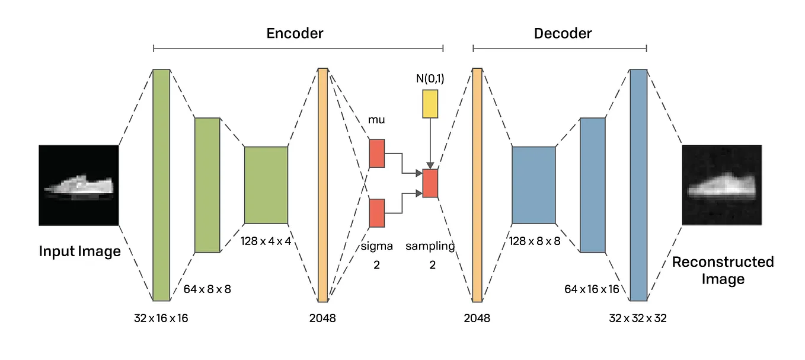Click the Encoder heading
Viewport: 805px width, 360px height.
[295, 33]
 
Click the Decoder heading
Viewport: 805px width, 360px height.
[563, 33]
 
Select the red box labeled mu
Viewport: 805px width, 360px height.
[376, 153]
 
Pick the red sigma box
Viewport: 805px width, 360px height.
[376, 214]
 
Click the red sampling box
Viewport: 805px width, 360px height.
[430, 183]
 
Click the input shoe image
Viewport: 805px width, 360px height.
[79, 185]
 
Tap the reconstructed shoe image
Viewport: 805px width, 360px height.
[721, 185]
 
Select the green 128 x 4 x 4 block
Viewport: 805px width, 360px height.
[266, 185]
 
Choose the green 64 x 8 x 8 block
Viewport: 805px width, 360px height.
[207, 185]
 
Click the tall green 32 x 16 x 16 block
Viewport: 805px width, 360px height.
[161, 185]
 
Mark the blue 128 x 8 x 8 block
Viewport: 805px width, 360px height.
[534, 185]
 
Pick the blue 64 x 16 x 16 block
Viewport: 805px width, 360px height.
[592, 185]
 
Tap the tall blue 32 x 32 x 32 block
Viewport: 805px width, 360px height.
[638, 185]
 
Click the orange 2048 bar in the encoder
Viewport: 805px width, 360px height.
[322, 185]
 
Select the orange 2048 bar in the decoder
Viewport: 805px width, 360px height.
[477, 185]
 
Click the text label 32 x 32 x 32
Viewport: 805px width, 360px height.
[638, 318]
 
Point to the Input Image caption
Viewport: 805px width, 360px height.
[79, 251]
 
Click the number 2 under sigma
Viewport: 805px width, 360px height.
[376, 265]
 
